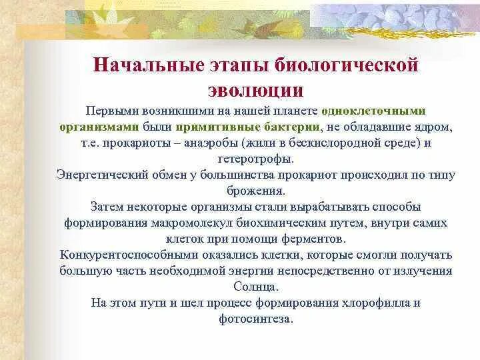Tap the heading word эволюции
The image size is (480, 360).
click(x=256, y=90)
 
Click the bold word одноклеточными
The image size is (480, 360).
click(x=373, y=111)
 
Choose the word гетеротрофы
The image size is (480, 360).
click(x=255, y=159)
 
